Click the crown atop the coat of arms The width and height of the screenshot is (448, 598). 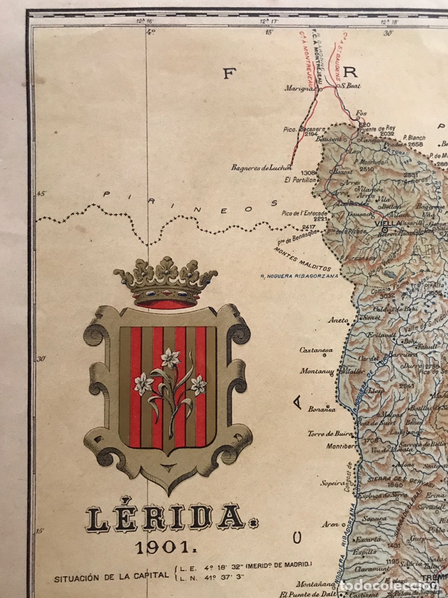point(166,282)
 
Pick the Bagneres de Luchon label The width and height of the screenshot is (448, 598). point(261,167)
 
